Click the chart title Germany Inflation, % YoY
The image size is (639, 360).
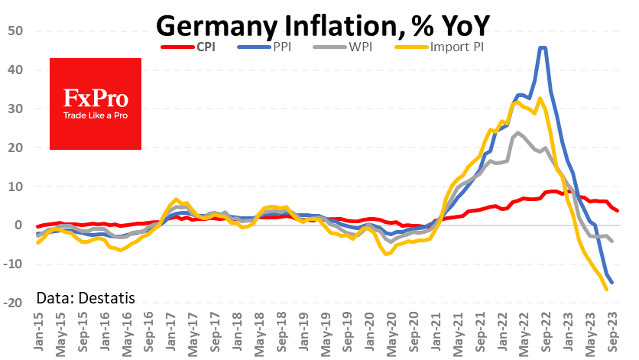click(x=321, y=25)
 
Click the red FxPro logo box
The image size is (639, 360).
click(x=96, y=103)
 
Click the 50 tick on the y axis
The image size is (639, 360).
click(x=16, y=31)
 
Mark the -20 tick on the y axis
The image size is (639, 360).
click(x=14, y=303)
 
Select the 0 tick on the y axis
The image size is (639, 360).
click(x=20, y=225)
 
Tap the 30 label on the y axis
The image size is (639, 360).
click(x=16, y=109)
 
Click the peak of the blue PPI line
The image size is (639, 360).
click(x=542, y=47)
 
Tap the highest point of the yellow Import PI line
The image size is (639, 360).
click(x=540, y=98)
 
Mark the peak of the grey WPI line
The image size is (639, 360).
click(x=519, y=132)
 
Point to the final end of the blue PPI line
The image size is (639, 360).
click(x=612, y=283)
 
